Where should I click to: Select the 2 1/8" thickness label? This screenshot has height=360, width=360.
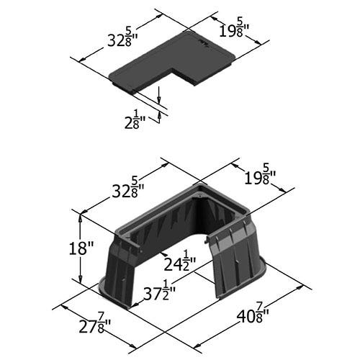click(x=135, y=120)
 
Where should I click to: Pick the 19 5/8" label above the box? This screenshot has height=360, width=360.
click(x=260, y=177)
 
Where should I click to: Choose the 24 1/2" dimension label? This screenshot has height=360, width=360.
click(x=180, y=261)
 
